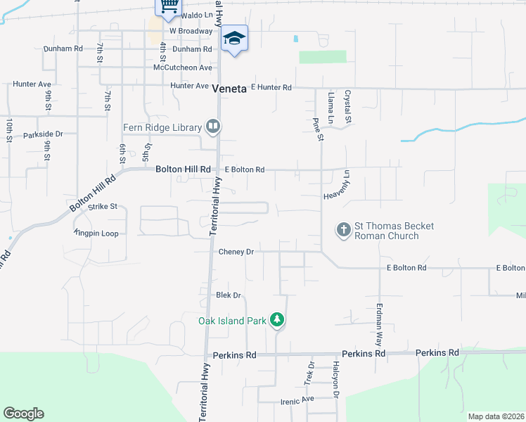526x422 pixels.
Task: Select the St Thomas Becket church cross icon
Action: tap(343, 230)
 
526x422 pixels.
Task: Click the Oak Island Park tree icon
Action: tap(278, 320)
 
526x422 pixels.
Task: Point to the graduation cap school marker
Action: tap(234, 39)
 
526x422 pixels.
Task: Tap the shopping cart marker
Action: tap(167, 6)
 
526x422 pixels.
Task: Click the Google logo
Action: tap(23, 414)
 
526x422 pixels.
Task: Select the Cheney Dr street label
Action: tap(236, 251)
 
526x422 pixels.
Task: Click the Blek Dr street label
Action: tap(229, 295)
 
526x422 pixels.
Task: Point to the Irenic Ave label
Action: tap(298, 399)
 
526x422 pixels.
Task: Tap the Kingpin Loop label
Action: tap(96, 233)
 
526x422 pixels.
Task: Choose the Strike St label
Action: tap(103, 207)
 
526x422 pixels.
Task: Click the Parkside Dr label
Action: tap(43, 134)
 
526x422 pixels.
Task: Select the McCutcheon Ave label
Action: tap(182, 68)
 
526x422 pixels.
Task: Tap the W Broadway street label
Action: tap(191, 31)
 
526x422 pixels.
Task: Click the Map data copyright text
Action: tap(495, 416)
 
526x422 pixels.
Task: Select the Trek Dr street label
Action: tap(309, 373)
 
